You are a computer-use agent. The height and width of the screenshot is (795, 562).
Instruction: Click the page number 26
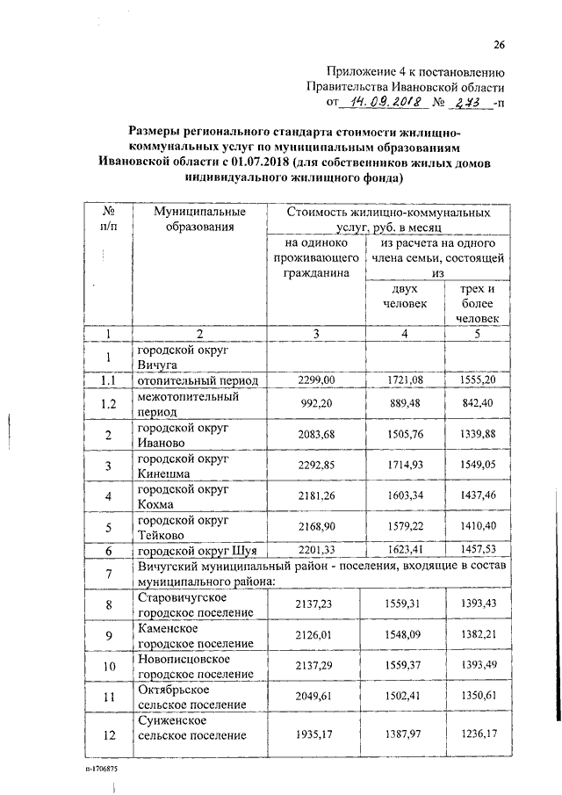click(499, 45)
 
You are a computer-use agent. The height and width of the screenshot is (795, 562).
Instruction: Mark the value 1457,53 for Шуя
click(477, 550)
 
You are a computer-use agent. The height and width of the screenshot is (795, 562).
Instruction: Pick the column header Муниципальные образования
click(199, 220)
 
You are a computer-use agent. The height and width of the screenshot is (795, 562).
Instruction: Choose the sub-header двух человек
click(403, 295)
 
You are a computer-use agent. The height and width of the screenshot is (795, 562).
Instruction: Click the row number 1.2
click(108, 403)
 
